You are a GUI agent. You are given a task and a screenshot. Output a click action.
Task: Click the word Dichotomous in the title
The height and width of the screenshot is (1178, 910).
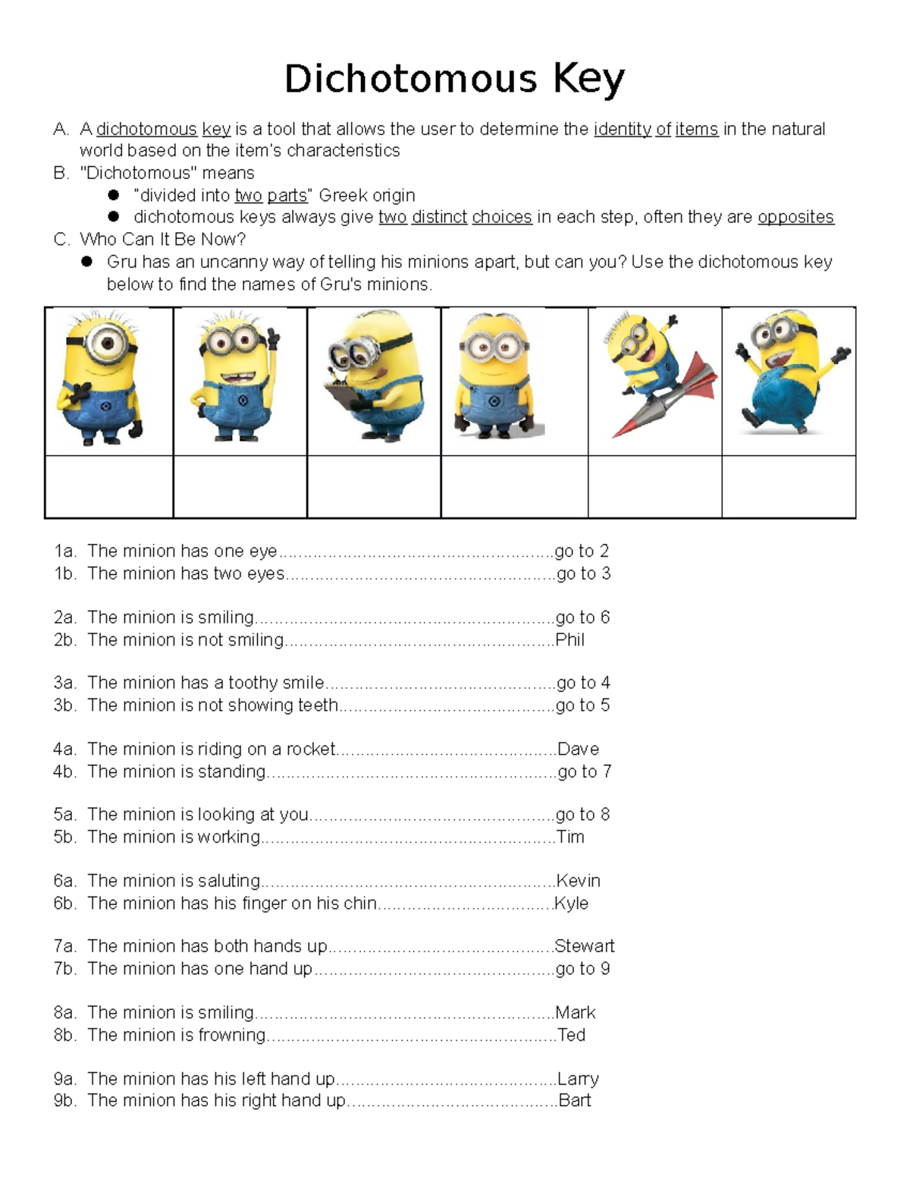coord(410,79)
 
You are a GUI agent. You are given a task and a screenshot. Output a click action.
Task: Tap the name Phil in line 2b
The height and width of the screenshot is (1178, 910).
coord(570,639)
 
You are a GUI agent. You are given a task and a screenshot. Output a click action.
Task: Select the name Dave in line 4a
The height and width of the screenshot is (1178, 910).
coord(578,749)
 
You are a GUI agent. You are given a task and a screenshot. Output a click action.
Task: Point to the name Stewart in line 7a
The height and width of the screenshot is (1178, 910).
coord(584,946)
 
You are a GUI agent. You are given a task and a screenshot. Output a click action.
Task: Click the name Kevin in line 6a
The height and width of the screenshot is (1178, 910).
coord(578,881)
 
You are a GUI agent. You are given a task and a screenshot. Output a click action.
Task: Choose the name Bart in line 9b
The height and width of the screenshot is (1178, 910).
coord(574,1100)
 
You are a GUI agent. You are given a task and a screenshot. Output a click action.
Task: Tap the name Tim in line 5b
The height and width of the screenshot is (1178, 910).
coord(570,837)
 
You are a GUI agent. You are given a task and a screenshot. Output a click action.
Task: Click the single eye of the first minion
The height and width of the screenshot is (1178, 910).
coord(107,344)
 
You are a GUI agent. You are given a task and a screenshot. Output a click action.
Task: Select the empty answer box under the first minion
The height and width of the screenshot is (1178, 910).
coord(109,486)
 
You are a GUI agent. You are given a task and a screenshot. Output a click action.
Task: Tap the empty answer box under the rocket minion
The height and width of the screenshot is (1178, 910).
coord(654,486)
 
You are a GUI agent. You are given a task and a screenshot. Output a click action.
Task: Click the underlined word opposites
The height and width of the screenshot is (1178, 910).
coord(795,217)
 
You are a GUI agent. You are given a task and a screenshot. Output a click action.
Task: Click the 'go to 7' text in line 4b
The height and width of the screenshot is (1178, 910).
coord(584,771)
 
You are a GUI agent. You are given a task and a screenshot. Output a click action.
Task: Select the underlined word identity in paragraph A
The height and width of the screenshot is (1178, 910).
coord(622,129)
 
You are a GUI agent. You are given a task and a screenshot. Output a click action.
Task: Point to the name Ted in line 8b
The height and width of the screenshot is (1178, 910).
coord(571,1035)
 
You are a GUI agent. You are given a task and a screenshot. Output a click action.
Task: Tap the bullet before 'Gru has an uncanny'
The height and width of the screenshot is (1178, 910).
coord(87,262)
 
